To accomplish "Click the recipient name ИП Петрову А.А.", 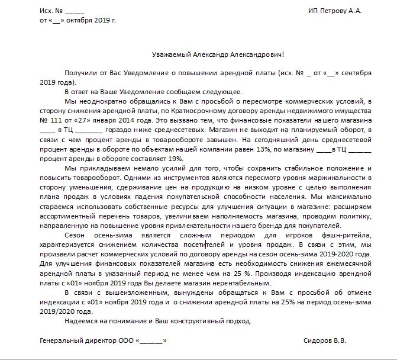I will [x=335, y=11].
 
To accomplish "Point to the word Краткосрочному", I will [x=198, y=110].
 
